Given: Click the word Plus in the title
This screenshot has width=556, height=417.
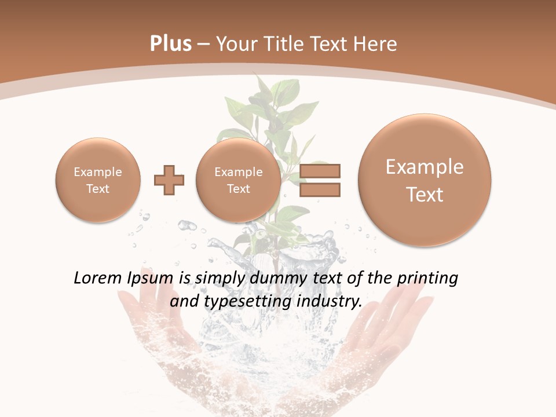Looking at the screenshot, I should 171,44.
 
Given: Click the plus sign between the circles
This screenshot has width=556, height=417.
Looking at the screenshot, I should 169,180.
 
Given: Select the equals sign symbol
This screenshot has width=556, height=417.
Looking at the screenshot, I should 320,180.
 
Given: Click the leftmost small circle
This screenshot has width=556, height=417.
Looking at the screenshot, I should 97,180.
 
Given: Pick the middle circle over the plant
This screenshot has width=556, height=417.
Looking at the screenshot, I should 238,180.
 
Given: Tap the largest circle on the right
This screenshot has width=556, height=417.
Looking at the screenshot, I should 425,180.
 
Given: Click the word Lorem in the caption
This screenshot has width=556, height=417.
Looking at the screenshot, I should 99,278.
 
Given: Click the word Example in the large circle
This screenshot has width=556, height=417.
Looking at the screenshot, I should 425,167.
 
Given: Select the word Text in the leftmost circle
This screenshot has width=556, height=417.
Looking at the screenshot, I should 97,188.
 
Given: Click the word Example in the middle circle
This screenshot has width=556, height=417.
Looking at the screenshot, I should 238,172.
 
